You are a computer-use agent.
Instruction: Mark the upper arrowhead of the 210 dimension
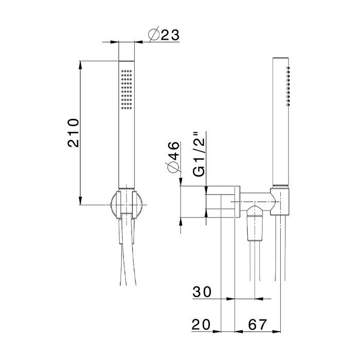pyautogui.click(x=81, y=65)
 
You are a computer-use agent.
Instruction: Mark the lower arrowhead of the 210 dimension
pyautogui.click(x=81, y=202)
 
